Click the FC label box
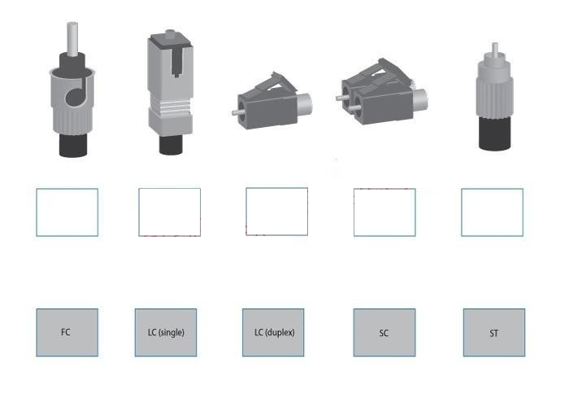coord(67,332)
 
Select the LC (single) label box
coord(166,332)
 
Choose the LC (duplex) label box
coord(273,332)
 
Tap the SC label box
coord(384,332)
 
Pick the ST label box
coord(494,332)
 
